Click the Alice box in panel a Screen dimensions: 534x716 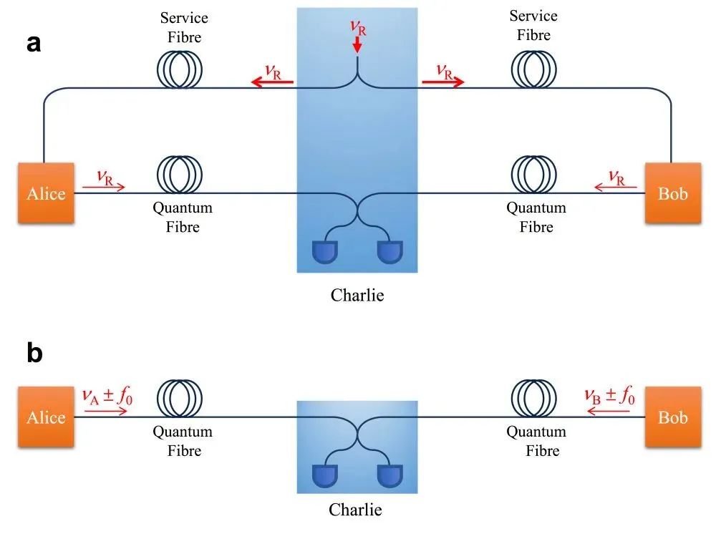[x=46, y=193]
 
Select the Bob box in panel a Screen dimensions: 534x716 [x=672, y=193]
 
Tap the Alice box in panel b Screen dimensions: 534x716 [x=46, y=417]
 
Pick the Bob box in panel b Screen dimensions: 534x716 [x=672, y=417]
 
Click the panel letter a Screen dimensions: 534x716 [x=34, y=44]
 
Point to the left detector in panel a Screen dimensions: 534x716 [x=326, y=251]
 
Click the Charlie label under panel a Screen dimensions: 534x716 [x=357, y=295]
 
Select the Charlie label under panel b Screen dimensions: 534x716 [x=356, y=510]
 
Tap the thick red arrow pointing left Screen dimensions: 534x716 [x=271, y=82]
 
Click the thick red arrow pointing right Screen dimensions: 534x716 [x=443, y=82]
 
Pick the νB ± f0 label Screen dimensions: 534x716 [x=609, y=395]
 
